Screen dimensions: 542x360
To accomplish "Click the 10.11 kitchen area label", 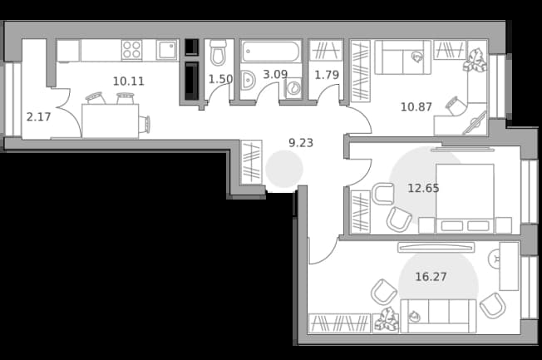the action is click(x=128, y=81).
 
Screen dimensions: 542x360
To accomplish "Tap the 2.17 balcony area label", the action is click(x=39, y=117).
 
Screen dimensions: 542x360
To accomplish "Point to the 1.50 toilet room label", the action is click(x=220, y=79).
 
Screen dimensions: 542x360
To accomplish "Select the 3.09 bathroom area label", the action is click(x=275, y=74).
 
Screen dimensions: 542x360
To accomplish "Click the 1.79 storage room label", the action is click(x=327, y=75).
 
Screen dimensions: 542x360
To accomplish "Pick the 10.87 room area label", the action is click(x=416, y=107).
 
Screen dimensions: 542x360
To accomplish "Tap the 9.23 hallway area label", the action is click(x=301, y=143).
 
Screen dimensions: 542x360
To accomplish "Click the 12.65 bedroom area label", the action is click(x=423, y=188).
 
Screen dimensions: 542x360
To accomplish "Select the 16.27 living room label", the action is click(x=431, y=277).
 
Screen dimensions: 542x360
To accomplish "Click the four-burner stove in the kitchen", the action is click(x=131, y=50).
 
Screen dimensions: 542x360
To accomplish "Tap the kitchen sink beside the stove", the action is click(x=167, y=50).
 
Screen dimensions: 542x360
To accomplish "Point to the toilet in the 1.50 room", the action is click(x=218, y=52).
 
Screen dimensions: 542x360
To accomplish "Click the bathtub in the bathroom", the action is click(x=271, y=52).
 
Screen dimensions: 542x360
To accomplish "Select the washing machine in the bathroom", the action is click(x=293, y=87).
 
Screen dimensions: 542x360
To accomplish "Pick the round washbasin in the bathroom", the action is click(x=247, y=81).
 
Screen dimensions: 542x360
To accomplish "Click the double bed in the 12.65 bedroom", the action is click(x=465, y=199).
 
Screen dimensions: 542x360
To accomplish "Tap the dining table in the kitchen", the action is click(x=111, y=121).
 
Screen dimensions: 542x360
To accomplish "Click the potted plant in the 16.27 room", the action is click(x=386, y=320).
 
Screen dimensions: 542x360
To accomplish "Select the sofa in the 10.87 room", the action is click(x=403, y=57).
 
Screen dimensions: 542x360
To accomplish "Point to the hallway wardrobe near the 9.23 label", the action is click(x=251, y=162).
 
